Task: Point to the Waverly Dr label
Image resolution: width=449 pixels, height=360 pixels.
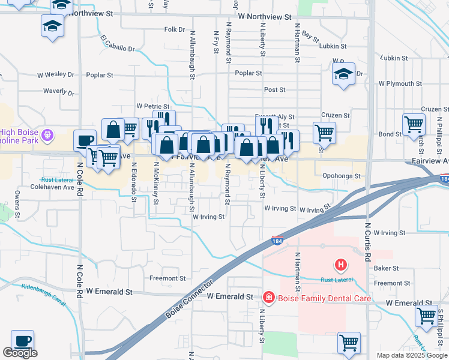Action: coord(58,93)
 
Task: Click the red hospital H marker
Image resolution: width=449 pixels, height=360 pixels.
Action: coord(340,264)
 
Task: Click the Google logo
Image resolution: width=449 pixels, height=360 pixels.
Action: coord(20,353)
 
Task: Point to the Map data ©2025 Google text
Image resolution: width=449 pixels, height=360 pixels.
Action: coord(412,355)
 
